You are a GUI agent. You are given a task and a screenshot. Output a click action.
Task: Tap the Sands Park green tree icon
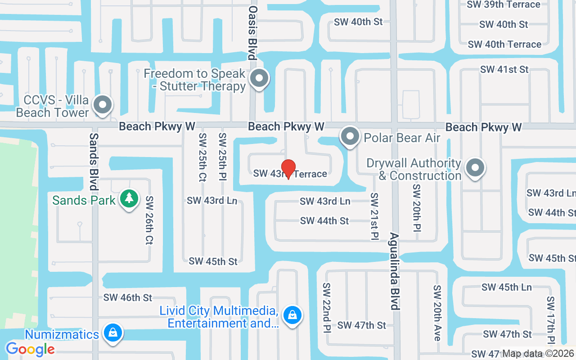coord(129,198)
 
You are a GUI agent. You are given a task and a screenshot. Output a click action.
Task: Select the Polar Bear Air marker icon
coord(350,136)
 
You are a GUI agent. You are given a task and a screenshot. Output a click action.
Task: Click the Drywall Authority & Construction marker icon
coord(474,168)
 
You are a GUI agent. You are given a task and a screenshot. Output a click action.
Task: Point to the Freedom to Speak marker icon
coord(259,78)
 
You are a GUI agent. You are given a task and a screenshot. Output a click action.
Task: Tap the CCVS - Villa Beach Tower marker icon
coord(103,105)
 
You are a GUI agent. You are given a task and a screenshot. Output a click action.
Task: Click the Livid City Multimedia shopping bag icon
coord(292,315)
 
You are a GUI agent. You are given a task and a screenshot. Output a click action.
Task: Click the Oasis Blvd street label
coord(252,32)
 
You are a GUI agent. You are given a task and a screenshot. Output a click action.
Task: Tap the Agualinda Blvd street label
coord(395,271)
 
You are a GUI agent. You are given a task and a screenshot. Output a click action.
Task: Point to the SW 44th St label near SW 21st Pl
coord(324,220)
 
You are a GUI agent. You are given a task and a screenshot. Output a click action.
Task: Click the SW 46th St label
coord(128,297)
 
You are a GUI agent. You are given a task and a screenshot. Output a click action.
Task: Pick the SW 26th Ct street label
coord(149,220)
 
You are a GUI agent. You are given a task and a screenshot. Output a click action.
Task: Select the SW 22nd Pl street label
coord(326,308)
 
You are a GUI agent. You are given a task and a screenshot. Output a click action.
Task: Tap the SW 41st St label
coord(504,69)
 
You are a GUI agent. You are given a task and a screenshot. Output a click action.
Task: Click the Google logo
coord(30,349)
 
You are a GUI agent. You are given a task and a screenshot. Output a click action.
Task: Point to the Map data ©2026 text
coord(538,354)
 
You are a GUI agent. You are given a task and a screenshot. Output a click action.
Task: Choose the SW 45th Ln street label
coord(506,287)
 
